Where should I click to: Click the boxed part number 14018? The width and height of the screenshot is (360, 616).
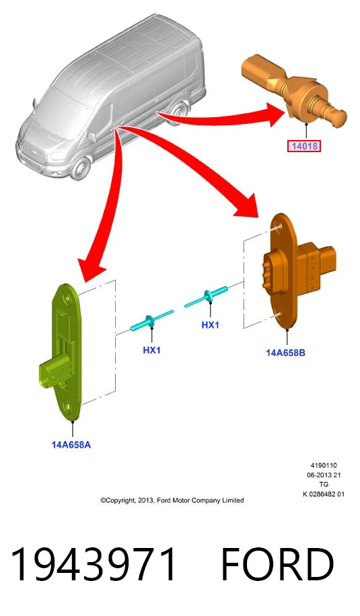click(x=304, y=147)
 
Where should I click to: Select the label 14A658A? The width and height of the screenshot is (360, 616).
click(x=71, y=445)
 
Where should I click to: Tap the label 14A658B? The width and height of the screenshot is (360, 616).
click(x=286, y=352)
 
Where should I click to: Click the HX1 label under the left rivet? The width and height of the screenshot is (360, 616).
click(x=151, y=349)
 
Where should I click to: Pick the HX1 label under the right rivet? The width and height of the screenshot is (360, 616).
click(x=210, y=325)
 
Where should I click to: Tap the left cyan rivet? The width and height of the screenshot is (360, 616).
click(x=151, y=320)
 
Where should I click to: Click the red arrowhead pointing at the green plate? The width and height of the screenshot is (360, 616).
click(x=90, y=269)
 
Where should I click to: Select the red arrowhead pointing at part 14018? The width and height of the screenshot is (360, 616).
click(x=274, y=114)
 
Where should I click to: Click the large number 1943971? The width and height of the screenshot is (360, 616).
click(x=94, y=565)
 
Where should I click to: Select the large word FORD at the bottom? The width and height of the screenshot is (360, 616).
click(x=277, y=565)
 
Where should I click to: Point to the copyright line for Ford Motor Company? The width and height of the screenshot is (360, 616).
click(x=172, y=500)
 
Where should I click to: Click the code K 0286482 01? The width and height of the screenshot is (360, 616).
click(x=324, y=494)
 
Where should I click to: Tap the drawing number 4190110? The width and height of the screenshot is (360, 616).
click(x=324, y=466)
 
